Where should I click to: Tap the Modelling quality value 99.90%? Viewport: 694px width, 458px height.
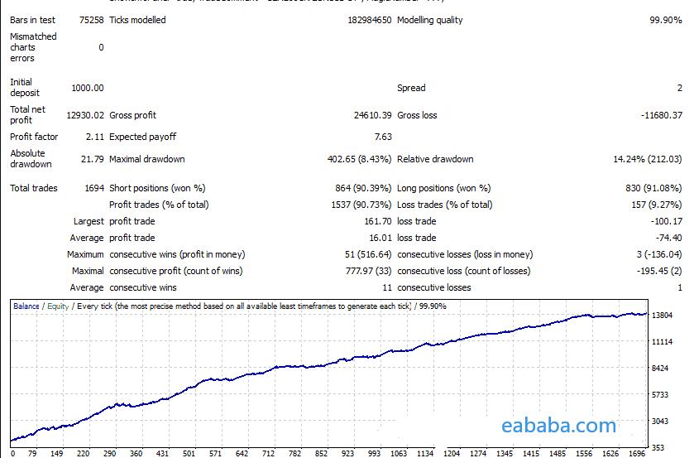[x=666, y=20]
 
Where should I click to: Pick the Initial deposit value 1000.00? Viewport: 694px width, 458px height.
[x=88, y=88]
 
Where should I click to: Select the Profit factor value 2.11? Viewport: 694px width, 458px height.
[x=94, y=137]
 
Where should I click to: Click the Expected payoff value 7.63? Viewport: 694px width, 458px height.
[x=383, y=137]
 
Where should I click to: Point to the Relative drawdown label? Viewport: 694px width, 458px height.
[x=435, y=159]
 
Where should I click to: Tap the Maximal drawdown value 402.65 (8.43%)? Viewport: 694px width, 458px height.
[x=359, y=159]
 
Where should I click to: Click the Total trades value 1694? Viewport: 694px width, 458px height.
[x=94, y=188]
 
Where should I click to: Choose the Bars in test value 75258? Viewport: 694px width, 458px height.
[x=92, y=20]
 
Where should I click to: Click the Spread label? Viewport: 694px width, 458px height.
[x=411, y=88]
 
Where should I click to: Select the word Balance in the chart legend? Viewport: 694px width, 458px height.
[x=26, y=306]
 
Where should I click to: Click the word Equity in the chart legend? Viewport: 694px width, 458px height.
[x=57, y=306]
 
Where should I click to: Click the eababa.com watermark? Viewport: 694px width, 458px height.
[x=558, y=427]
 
